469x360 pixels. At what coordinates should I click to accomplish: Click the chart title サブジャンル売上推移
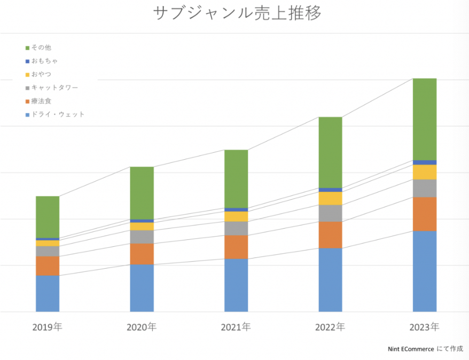pyautogui.click(x=237, y=13)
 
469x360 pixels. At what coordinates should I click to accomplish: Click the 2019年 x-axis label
pyautogui.click(x=48, y=327)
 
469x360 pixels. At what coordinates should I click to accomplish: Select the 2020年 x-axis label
pyautogui.click(x=142, y=327)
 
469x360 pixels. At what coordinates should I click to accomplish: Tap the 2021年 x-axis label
pyautogui.click(x=236, y=327)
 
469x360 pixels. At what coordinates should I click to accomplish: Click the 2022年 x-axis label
pyautogui.click(x=330, y=327)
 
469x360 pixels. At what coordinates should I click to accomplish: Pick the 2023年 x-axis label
pyautogui.click(x=424, y=327)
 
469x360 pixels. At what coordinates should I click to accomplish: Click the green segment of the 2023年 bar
pyautogui.click(x=425, y=119)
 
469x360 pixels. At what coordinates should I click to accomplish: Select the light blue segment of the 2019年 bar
pyautogui.click(x=48, y=293)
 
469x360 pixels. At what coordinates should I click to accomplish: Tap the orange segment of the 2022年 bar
pyautogui.click(x=330, y=235)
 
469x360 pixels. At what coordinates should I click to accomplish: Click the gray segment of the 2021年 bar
pyautogui.click(x=236, y=229)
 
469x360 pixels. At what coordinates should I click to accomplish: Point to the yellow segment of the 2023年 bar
pyautogui.click(x=425, y=172)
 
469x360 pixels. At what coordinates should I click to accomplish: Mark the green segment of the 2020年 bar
pyautogui.click(x=142, y=193)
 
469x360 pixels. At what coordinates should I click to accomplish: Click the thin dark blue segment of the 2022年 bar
pyautogui.click(x=330, y=190)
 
